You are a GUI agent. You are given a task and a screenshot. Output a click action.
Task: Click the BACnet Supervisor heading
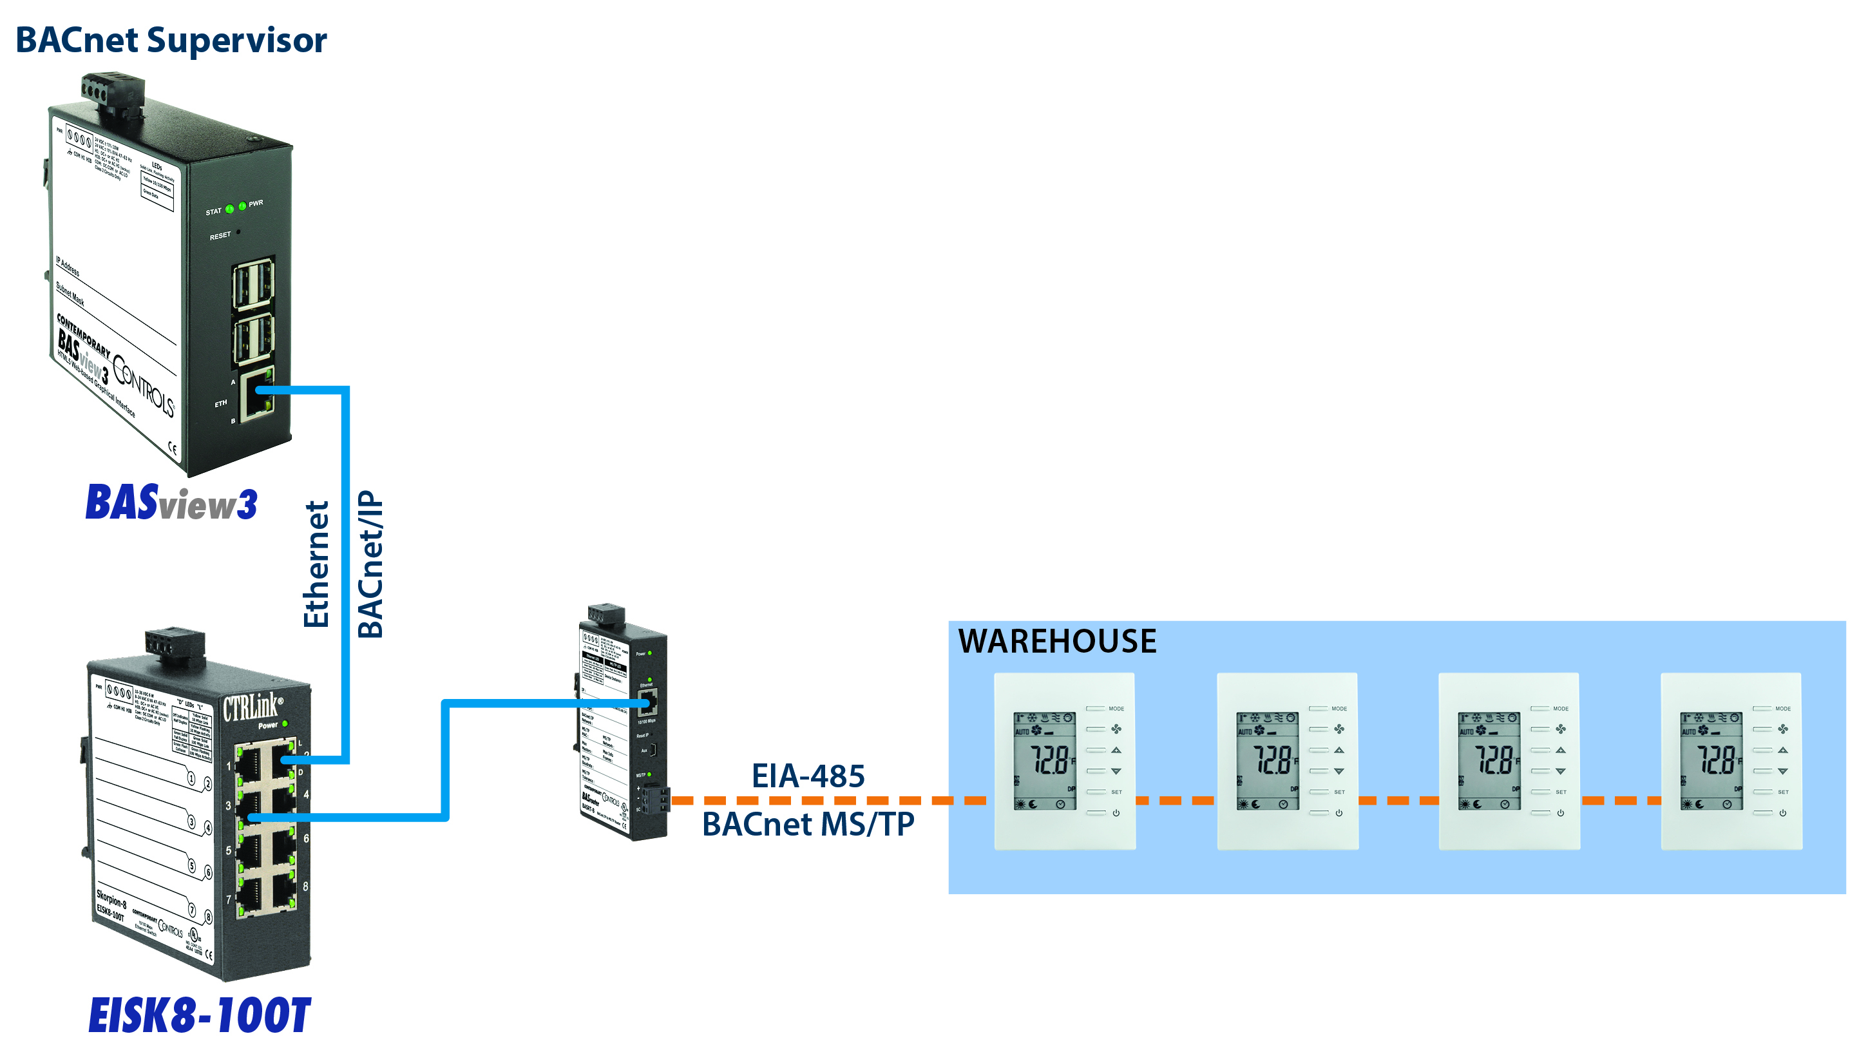click(171, 40)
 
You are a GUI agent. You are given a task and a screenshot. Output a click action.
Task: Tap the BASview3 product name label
click(171, 503)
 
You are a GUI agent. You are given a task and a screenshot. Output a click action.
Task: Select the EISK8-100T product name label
click(199, 1015)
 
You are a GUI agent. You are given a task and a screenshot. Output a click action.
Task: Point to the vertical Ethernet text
click(316, 564)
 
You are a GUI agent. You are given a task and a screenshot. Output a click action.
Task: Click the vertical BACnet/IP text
click(370, 564)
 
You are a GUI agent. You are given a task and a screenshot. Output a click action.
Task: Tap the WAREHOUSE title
click(1056, 641)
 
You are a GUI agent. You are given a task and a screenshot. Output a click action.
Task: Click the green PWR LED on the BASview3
click(242, 206)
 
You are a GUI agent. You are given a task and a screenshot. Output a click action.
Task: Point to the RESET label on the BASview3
click(220, 236)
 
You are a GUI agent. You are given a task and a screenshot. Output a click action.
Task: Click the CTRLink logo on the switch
click(251, 707)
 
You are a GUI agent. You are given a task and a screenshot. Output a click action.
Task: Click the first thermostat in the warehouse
click(1064, 761)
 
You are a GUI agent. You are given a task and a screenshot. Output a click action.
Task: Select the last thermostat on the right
click(1731, 761)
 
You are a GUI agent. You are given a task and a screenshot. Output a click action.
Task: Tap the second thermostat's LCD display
click(1267, 761)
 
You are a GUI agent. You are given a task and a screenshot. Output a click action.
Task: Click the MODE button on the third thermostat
click(1540, 708)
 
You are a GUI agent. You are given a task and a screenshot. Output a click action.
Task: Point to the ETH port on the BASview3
click(256, 394)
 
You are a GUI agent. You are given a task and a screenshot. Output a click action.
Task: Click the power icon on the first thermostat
click(1116, 812)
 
